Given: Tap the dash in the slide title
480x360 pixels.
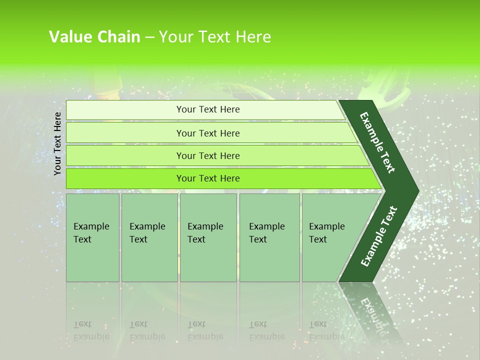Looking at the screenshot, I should (149, 37).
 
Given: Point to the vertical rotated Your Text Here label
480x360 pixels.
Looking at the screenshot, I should (57, 143).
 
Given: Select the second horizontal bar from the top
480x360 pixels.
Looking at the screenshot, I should (208, 133).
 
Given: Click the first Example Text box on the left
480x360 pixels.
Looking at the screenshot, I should (92, 237).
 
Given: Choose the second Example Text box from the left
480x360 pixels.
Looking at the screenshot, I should (149, 237).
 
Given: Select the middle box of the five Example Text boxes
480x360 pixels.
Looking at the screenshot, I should (208, 237).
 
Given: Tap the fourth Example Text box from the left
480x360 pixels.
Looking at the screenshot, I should (269, 237).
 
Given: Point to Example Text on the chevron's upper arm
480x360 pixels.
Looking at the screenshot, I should (378, 142).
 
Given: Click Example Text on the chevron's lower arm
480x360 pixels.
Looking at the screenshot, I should (379, 236).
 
